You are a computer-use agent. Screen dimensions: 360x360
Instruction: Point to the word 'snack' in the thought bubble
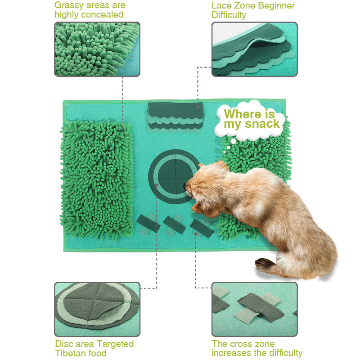(x=262, y=124)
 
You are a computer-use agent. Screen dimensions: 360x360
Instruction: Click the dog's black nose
(x=185, y=186)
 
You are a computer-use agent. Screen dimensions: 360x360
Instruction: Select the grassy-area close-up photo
(x=97, y=49)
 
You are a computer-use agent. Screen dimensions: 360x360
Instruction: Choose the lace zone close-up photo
(x=254, y=49)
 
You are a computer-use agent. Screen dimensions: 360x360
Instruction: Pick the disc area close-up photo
(x=97, y=309)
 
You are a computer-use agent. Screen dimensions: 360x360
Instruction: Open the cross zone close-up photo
(x=254, y=309)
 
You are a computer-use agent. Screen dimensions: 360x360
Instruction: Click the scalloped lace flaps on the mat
(x=175, y=117)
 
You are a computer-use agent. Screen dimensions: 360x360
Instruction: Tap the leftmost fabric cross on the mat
(x=148, y=224)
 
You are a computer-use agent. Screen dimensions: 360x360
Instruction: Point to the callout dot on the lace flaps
(x=198, y=107)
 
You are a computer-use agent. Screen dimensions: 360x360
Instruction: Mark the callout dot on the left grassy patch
(x=123, y=128)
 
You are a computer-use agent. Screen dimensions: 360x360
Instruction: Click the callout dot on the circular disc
(x=157, y=185)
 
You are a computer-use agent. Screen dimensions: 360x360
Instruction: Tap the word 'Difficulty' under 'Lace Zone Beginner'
(x=229, y=15)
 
